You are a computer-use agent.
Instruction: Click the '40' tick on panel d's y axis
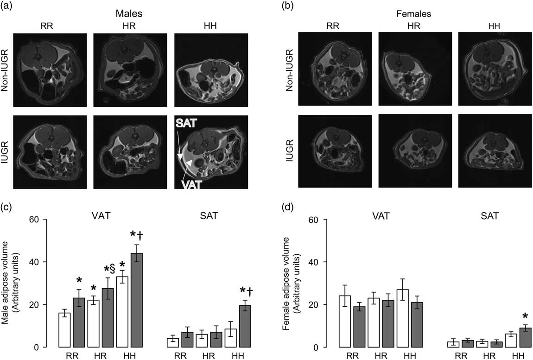coord(319,262)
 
